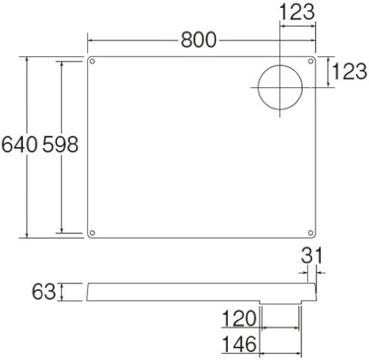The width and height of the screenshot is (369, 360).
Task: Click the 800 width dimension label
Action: (198, 40)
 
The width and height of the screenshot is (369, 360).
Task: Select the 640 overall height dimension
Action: (19, 144)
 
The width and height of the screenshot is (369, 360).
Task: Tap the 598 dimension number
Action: (60, 144)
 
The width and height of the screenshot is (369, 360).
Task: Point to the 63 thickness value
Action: (43, 292)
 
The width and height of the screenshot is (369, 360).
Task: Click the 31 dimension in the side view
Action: (312, 256)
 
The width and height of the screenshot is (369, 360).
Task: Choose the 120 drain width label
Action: (239, 319)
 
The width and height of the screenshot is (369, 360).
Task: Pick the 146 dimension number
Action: (239, 344)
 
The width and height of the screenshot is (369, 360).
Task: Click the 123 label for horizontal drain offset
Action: (297, 12)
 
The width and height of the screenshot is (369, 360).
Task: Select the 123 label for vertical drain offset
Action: (349, 71)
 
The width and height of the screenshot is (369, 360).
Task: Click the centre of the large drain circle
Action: (280, 88)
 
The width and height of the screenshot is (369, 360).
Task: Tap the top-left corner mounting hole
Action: (92, 61)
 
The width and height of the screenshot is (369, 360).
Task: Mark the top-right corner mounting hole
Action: (311, 61)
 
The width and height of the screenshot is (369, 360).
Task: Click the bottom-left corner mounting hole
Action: (92, 233)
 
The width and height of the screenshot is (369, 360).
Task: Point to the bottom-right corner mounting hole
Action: (311, 233)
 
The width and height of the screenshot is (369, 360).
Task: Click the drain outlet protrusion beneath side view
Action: (280, 302)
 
